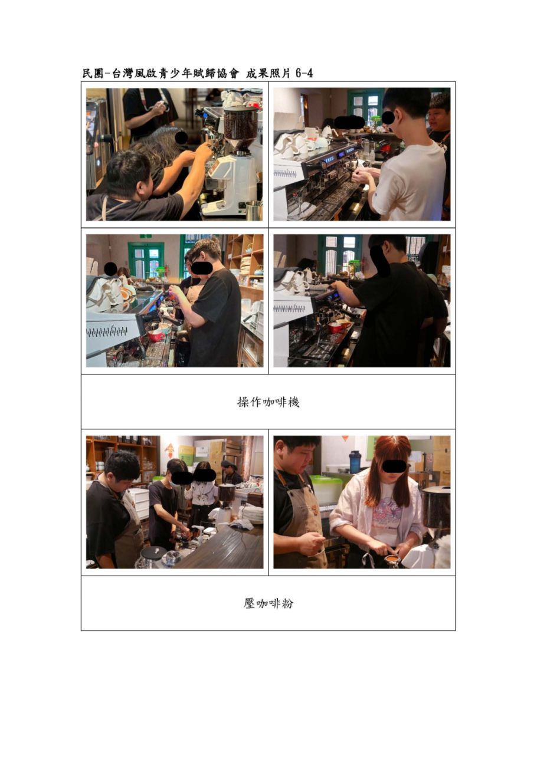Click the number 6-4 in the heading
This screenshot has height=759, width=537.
[304, 73]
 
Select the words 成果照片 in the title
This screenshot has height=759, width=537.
[268, 73]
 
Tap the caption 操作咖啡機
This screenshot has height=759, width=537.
[268, 402]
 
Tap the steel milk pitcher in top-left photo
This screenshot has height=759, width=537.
[254, 210]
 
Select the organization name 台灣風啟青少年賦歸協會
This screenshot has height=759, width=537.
[175, 73]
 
